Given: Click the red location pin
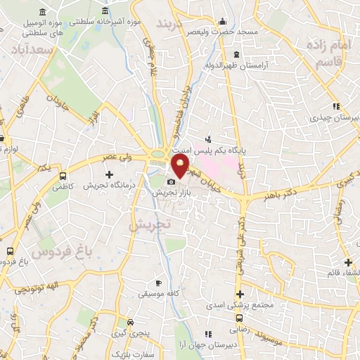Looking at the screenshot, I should (x=181, y=167).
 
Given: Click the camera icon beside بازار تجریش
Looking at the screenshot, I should (x=171, y=182).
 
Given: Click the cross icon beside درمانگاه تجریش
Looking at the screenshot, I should (x=109, y=174).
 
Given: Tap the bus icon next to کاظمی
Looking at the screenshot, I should (x=63, y=176).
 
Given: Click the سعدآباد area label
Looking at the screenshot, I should (x=32, y=51).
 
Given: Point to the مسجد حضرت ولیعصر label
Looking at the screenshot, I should (x=224, y=32).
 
